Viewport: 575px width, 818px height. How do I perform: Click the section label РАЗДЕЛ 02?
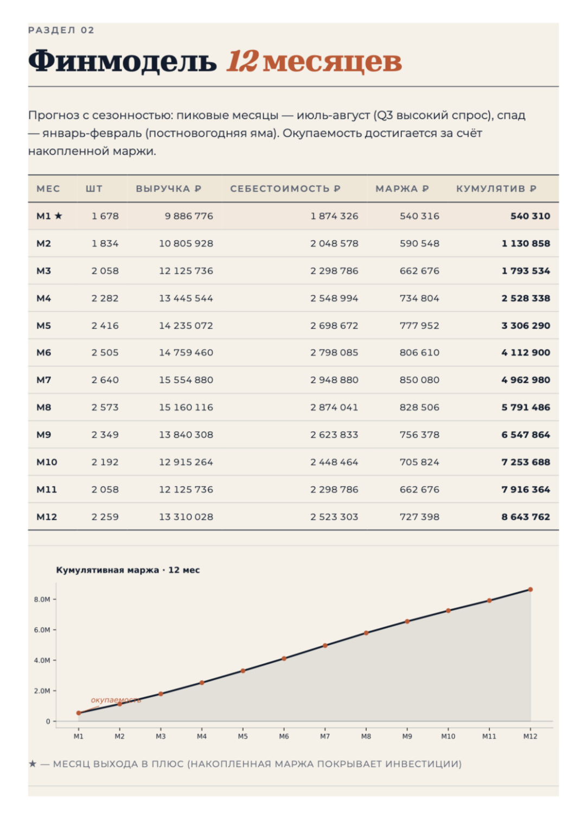61,30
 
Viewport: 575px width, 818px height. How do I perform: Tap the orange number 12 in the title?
242,61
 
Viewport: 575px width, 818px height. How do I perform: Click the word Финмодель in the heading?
122,61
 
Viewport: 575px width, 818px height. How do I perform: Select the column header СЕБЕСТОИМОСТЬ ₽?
285,188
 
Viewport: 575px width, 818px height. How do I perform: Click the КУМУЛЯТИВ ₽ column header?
496,188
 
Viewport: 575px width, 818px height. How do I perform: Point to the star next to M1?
58,216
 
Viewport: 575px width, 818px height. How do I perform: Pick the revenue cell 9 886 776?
189,216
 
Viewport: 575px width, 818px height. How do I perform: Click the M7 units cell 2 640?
105,380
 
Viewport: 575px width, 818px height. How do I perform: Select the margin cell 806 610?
419,353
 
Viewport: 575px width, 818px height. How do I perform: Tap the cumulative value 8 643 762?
526,517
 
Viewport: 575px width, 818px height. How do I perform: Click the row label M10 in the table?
47,462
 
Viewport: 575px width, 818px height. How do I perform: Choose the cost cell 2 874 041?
334,407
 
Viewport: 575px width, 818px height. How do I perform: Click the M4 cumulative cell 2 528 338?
526,298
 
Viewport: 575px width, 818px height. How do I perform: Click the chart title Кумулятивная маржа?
107,570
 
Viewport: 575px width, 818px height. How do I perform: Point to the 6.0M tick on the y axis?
42,630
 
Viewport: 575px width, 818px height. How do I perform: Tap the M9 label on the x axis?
407,737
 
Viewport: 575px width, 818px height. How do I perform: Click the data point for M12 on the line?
530,589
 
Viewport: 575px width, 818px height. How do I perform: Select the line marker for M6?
284,658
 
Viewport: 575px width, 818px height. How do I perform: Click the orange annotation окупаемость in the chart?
116,700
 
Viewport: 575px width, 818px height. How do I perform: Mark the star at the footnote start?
33,764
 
